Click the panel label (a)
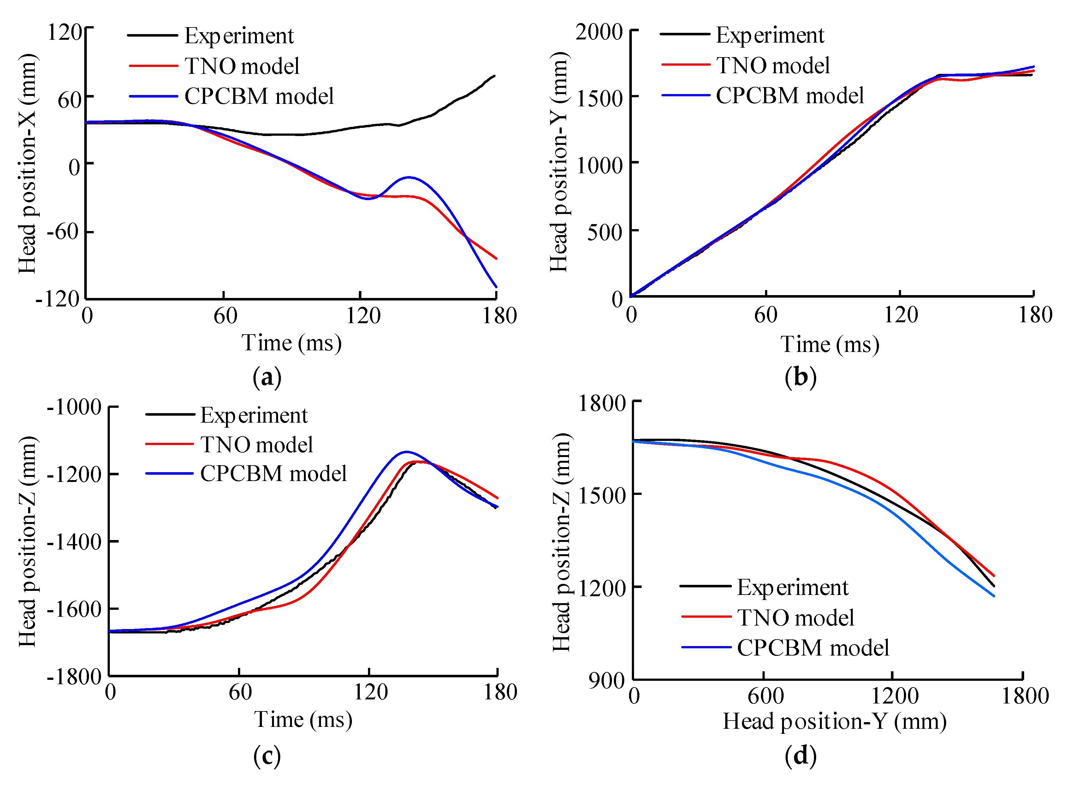click(x=267, y=377)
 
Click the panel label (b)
click(x=800, y=377)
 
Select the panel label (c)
click(x=267, y=756)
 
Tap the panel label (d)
click(x=800, y=756)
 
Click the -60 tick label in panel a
click(x=62, y=232)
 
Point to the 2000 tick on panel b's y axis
click(x=599, y=33)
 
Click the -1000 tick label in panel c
click(x=74, y=407)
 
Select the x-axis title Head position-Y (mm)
click(x=834, y=721)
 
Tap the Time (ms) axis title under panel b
click(x=830, y=344)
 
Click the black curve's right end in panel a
click(x=495, y=75)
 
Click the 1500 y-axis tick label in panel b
click(x=600, y=99)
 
